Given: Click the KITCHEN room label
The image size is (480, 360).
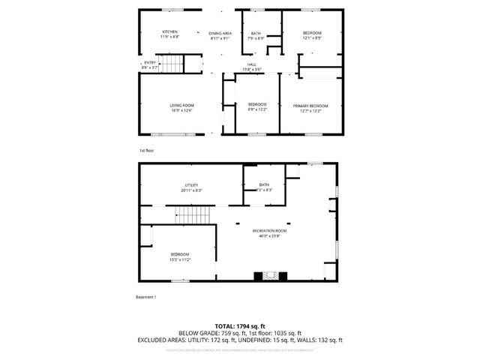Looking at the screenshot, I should point(169,31).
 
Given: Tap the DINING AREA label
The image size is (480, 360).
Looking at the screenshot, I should point(220,34).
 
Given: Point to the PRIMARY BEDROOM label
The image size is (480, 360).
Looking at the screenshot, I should point(310,106).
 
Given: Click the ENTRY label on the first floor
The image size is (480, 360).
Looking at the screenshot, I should point(150,62).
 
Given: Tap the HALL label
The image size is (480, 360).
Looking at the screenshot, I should point(252,64).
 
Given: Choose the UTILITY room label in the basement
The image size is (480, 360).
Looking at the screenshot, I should point(191,185).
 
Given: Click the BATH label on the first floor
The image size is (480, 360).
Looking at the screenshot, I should point(256,33).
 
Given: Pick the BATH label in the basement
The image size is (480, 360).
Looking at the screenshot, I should point(263,185).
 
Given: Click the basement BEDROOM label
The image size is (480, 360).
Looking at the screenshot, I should point(179,253).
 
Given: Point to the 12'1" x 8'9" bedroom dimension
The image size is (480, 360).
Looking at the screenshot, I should point(312,37).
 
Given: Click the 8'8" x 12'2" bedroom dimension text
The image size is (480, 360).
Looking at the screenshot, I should point(257,109).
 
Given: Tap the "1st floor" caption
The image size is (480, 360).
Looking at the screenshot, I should point(147,151).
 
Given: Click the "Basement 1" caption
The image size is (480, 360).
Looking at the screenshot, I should point(146,298).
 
